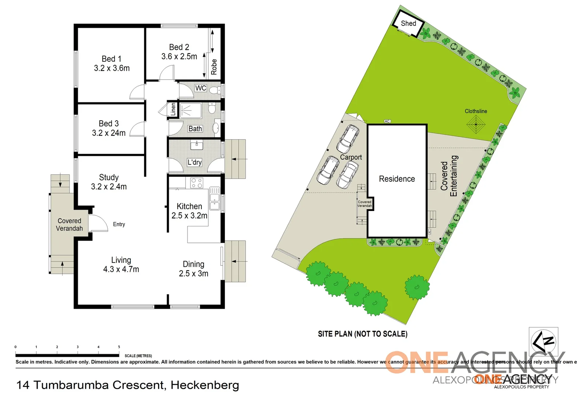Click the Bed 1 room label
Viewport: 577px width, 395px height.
click(x=111, y=59)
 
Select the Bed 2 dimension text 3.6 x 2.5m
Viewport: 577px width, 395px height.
click(x=179, y=56)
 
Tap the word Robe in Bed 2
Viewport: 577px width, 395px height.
click(x=214, y=67)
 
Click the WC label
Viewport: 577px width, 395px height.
click(x=201, y=88)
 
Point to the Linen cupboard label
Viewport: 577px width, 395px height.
click(x=173, y=109)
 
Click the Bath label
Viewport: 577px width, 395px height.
click(x=195, y=129)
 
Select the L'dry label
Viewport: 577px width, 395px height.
click(x=194, y=162)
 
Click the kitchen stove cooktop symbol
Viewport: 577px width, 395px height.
click(x=197, y=183)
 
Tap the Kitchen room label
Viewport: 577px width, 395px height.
click(x=189, y=206)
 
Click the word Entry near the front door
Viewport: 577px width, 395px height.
click(x=119, y=224)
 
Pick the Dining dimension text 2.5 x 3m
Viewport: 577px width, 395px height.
click(x=193, y=274)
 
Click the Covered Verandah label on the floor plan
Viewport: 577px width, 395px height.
click(x=69, y=225)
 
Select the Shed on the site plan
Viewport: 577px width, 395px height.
click(x=408, y=24)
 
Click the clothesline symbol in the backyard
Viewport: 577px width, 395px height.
click(x=476, y=124)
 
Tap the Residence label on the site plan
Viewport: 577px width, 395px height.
click(x=397, y=179)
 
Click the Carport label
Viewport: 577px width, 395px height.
click(x=351, y=157)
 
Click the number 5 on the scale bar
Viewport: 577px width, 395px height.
click(x=119, y=347)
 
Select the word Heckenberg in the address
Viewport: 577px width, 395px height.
click(x=205, y=385)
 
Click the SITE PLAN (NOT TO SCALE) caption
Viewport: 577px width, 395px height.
click(x=362, y=334)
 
